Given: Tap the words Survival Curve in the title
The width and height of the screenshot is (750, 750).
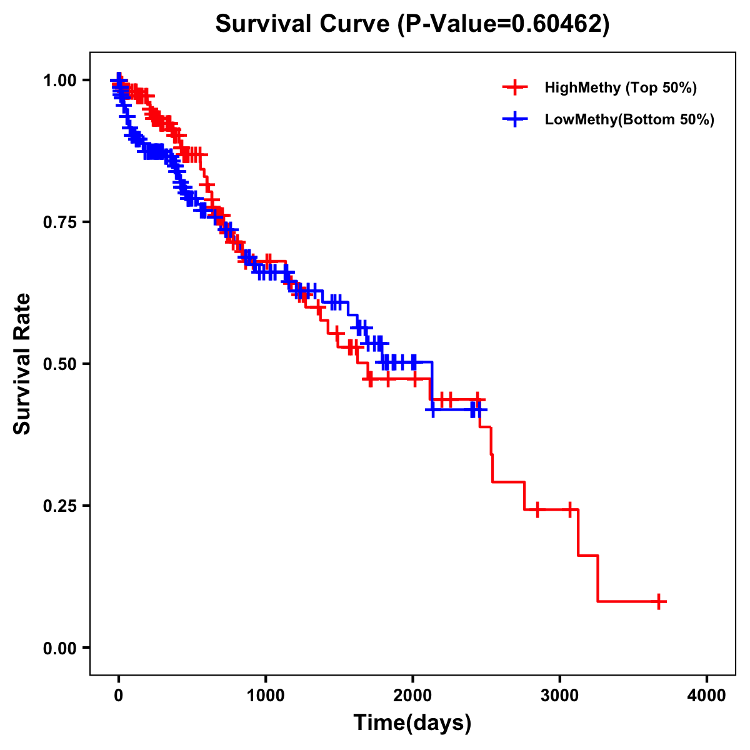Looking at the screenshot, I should click(304, 24).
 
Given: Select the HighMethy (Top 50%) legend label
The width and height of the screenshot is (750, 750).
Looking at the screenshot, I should click(621, 87).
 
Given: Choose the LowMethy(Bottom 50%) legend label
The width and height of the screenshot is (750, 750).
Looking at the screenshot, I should click(629, 119).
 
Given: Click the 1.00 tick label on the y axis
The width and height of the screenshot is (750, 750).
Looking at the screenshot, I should click(59, 80).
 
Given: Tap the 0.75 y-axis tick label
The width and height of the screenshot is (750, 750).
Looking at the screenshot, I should click(59, 222).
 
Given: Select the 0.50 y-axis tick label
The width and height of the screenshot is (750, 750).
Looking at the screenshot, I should click(59, 364).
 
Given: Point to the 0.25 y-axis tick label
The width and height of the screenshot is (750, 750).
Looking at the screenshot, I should click(59, 506).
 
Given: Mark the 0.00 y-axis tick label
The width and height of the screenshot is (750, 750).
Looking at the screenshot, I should click(59, 647).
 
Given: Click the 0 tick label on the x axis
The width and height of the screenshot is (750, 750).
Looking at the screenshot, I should click(119, 695).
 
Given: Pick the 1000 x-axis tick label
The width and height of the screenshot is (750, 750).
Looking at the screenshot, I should click(266, 695).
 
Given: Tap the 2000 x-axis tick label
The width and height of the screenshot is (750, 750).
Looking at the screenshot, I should click(412, 695).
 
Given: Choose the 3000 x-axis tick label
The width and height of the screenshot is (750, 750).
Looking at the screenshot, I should click(560, 695).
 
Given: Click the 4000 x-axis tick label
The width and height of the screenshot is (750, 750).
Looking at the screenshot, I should click(707, 695).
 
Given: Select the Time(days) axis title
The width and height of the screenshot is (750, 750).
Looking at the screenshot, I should click(412, 723).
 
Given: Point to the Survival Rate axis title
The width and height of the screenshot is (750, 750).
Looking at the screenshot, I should click(23, 364).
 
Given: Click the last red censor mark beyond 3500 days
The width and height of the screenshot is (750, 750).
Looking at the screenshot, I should click(658, 601).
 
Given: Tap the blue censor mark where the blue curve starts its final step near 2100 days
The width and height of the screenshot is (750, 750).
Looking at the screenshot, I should click(432, 409).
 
